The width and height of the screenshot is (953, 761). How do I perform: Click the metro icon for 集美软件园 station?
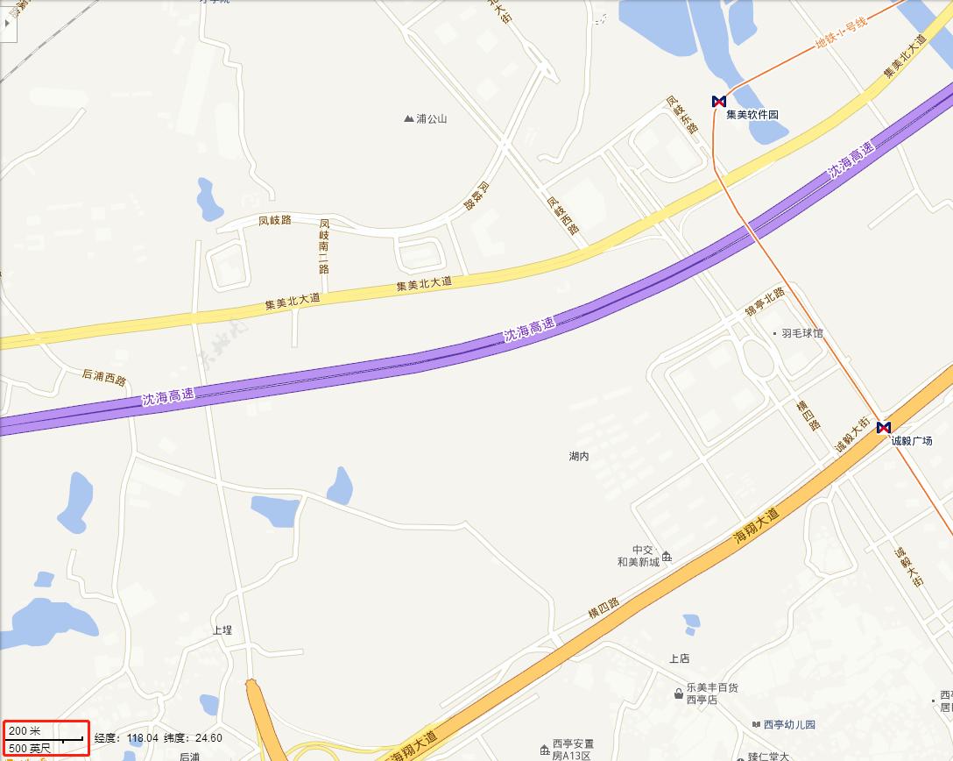pos(719,102)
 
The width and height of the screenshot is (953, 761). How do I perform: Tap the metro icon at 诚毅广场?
pos(883,428)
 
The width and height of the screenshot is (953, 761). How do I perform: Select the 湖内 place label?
pos(579,456)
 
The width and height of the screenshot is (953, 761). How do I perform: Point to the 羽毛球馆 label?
pos(802,333)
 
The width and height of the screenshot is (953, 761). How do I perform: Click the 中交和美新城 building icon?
pos(667,556)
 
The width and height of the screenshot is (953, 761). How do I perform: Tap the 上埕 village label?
pos(222,630)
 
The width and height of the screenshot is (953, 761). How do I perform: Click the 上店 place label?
pos(680,658)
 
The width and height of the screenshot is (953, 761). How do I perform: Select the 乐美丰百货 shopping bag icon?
pos(678,694)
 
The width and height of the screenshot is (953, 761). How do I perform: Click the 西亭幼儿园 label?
pos(789,725)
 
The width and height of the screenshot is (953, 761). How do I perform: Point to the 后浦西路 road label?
pos(104,378)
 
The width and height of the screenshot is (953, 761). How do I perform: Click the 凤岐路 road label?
pos(274,220)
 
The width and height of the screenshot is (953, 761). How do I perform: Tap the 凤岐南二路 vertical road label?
pos(324,245)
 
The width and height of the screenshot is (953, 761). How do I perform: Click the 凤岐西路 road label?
pos(563,215)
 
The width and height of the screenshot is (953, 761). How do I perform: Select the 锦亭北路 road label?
pos(765,302)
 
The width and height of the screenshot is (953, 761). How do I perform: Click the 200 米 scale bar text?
pos(25,730)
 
